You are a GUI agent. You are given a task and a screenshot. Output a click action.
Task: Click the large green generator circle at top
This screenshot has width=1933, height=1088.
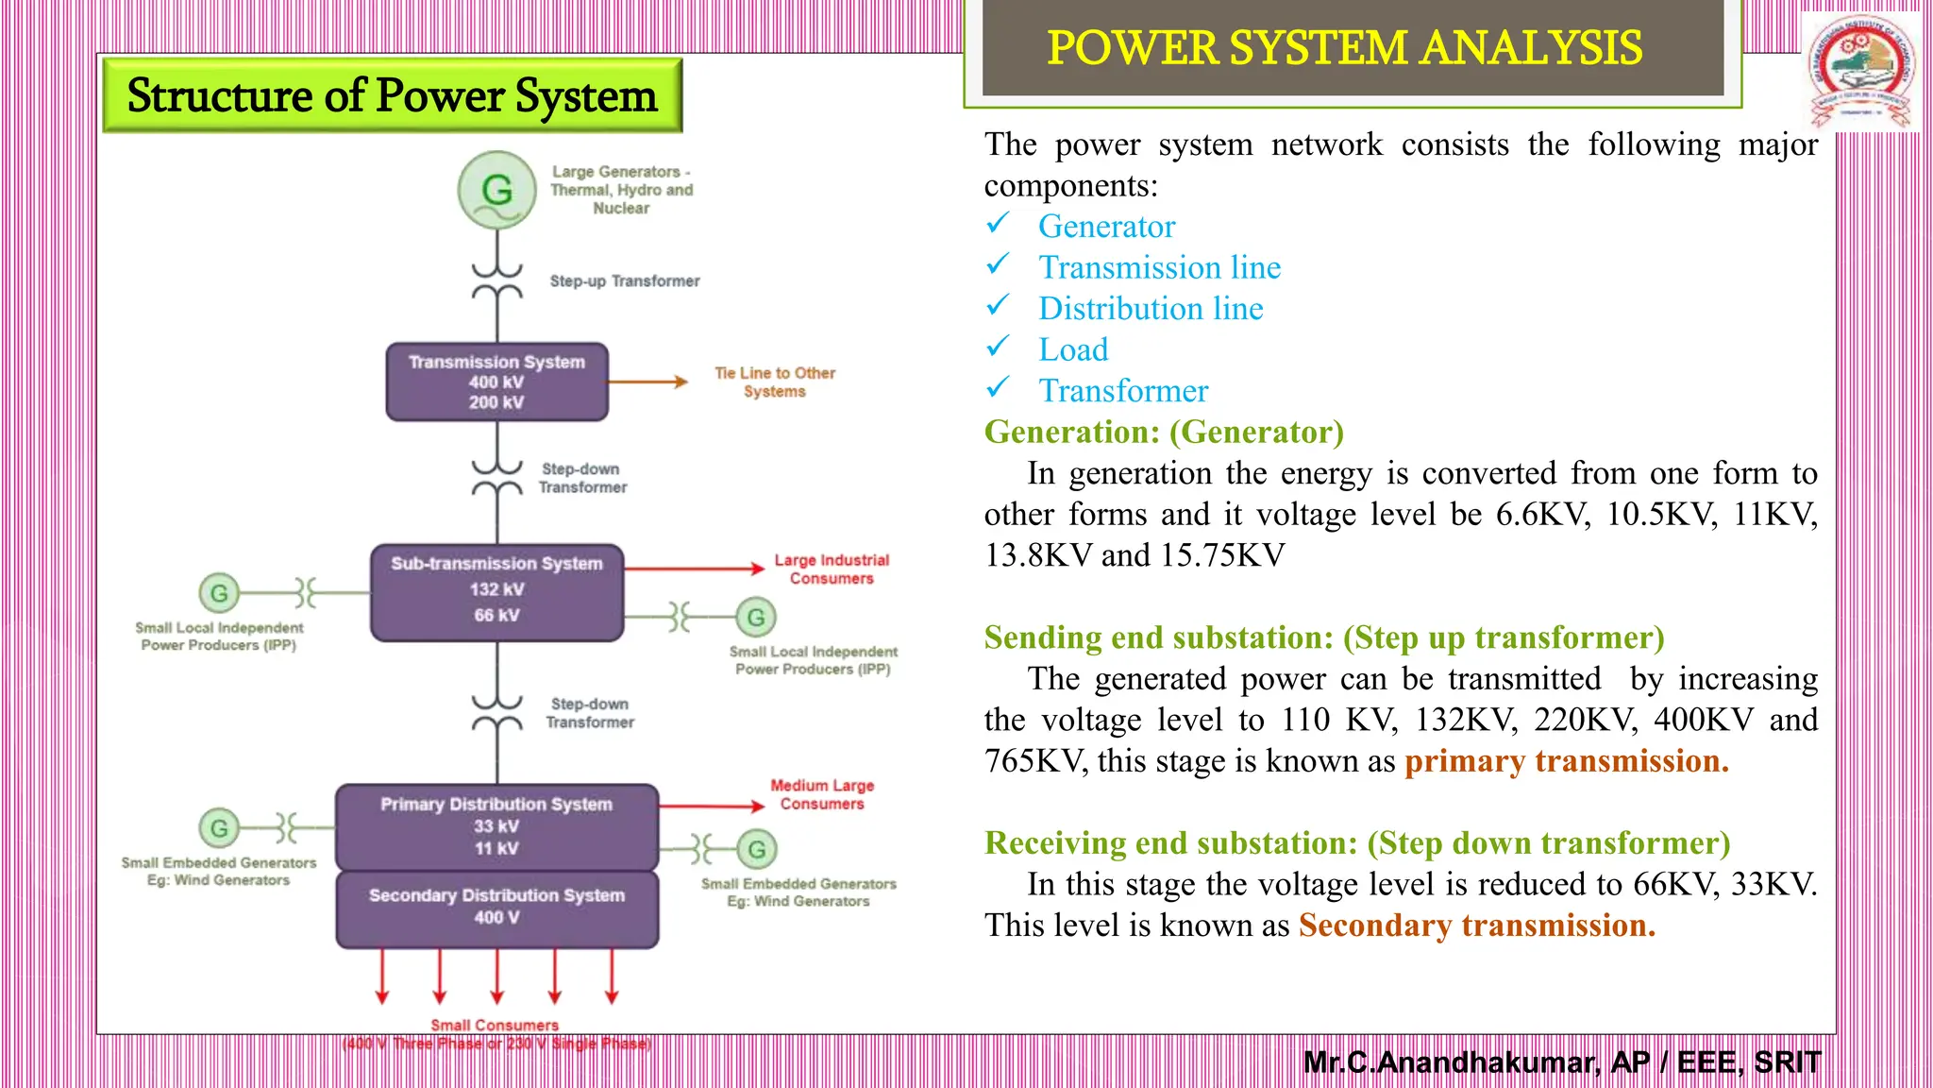(x=496, y=190)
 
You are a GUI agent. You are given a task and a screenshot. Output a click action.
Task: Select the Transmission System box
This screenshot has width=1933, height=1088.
(x=496, y=382)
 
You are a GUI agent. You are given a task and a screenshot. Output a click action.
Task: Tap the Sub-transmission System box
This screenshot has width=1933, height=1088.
(x=496, y=592)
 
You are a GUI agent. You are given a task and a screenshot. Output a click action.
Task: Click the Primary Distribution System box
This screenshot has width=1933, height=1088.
(x=496, y=826)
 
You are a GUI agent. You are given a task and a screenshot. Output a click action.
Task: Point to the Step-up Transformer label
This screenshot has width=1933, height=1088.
(x=624, y=281)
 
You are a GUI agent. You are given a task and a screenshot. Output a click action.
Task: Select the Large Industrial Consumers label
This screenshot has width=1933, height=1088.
(x=832, y=569)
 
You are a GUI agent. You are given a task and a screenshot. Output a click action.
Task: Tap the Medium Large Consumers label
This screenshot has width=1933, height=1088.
(x=822, y=794)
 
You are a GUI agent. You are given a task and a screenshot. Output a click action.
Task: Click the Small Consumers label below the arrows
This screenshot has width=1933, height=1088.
(x=495, y=1026)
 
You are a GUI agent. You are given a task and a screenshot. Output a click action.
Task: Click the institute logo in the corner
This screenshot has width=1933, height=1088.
(x=1860, y=72)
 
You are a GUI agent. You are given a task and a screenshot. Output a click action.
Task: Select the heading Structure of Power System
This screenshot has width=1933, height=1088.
(x=392, y=95)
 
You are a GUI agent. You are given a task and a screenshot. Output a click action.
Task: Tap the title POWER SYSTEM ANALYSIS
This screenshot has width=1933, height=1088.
(x=1344, y=48)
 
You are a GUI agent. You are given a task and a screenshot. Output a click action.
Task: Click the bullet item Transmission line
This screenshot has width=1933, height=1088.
(x=1159, y=267)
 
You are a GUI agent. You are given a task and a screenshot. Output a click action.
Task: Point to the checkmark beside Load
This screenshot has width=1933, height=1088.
(x=998, y=348)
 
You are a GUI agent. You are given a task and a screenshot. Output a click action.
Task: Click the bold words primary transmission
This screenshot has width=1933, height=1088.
(x=1566, y=761)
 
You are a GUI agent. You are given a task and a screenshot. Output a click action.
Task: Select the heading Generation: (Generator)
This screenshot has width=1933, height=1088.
(x=1164, y=432)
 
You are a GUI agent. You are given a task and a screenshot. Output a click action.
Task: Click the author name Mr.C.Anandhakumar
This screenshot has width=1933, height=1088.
(x=1450, y=1062)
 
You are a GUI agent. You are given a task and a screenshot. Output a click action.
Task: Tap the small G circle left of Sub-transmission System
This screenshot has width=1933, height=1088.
(x=219, y=593)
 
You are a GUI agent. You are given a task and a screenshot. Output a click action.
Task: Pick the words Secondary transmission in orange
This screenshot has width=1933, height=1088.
(x=1476, y=926)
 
